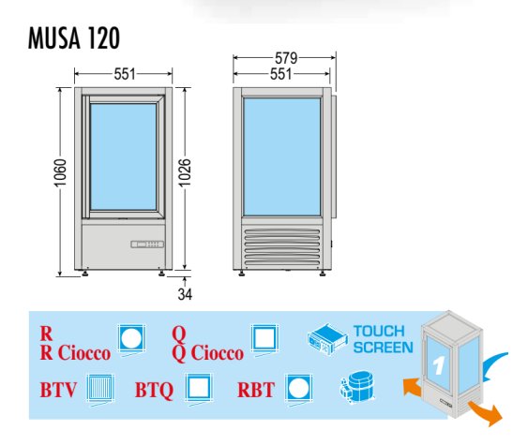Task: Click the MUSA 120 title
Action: (x=74, y=37)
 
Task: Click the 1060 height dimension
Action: (x=60, y=172)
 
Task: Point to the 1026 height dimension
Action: (x=185, y=172)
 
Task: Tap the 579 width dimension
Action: (x=286, y=58)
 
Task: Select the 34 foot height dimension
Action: (x=185, y=294)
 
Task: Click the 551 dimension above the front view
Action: (x=125, y=74)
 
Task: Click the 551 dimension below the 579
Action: (x=281, y=74)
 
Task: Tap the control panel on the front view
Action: (x=147, y=245)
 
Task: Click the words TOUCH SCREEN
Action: (x=384, y=339)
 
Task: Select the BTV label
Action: (x=58, y=390)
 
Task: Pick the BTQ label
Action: (x=154, y=390)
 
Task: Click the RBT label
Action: (x=256, y=390)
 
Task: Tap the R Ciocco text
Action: (x=75, y=353)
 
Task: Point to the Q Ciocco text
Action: (x=208, y=353)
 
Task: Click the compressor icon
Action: (x=357, y=388)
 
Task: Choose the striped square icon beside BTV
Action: (x=100, y=388)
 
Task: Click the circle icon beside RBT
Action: (x=298, y=388)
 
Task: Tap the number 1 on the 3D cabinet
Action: (x=438, y=365)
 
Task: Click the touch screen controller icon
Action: (x=327, y=339)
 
